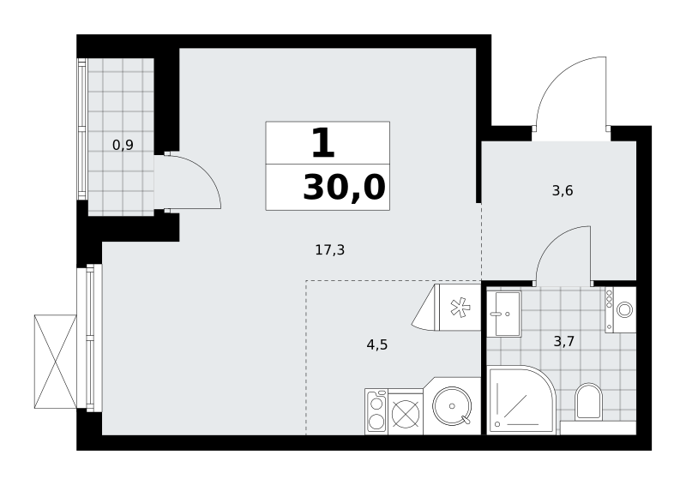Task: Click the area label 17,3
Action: click(330, 250)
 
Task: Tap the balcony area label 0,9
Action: click(123, 145)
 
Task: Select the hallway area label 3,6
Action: click(563, 191)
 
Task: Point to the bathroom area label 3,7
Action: click(564, 341)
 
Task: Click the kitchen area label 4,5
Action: click(377, 345)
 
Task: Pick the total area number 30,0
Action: click(345, 187)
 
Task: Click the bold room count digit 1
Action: click(323, 142)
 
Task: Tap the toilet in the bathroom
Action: click(588, 402)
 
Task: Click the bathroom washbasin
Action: click(503, 314)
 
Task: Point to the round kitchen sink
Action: click(452, 406)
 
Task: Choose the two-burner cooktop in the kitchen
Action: click(376, 411)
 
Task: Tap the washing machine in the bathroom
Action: click(621, 309)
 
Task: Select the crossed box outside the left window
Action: click(56, 362)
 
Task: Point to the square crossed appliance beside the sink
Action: click(406, 412)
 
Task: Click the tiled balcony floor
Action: click(121, 137)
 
